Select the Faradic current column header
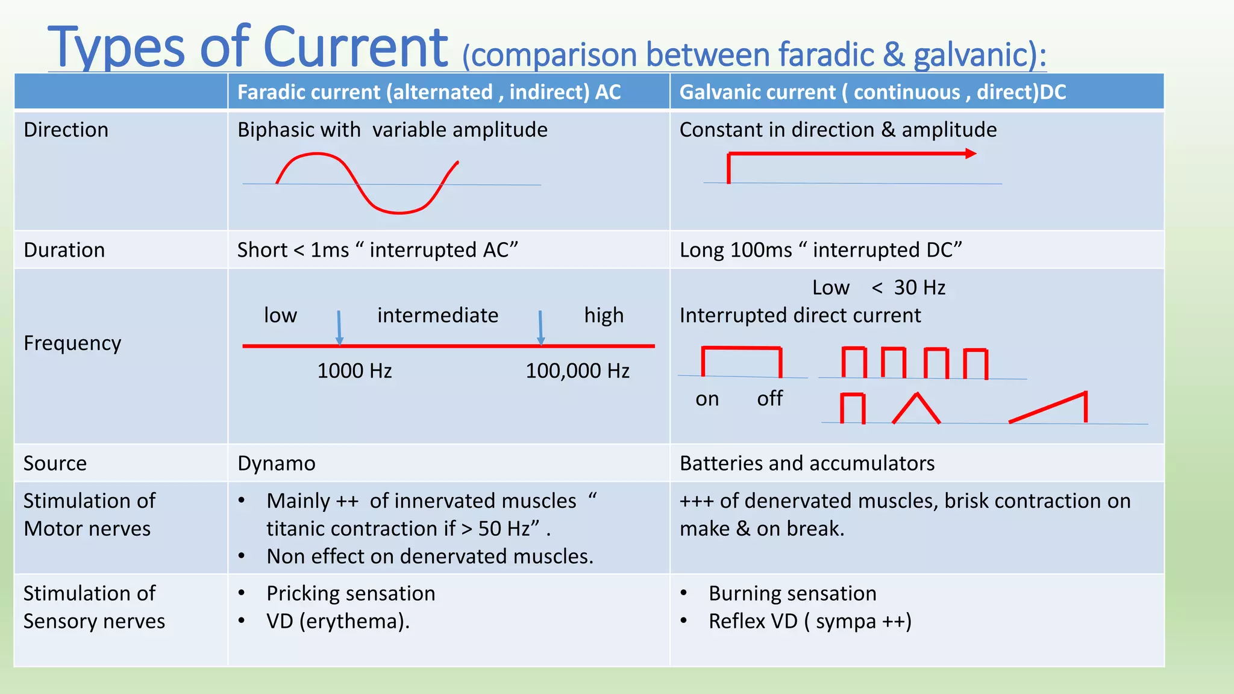[x=428, y=92]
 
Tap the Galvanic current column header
[x=872, y=92]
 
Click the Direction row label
[x=66, y=130]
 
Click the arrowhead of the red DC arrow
[x=971, y=154]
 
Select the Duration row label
[x=64, y=250]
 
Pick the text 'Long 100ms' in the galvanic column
[x=735, y=250]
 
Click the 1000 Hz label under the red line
[x=354, y=370]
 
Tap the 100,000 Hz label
[x=577, y=370]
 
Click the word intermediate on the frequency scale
[x=437, y=316]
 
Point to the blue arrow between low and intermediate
[x=339, y=328]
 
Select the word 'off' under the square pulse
[x=769, y=399]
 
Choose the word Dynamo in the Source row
[x=276, y=463]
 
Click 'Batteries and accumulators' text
[x=807, y=463]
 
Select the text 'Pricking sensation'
[x=351, y=593]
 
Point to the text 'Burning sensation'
[x=792, y=593]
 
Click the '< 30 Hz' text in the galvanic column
[x=909, y=288]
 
